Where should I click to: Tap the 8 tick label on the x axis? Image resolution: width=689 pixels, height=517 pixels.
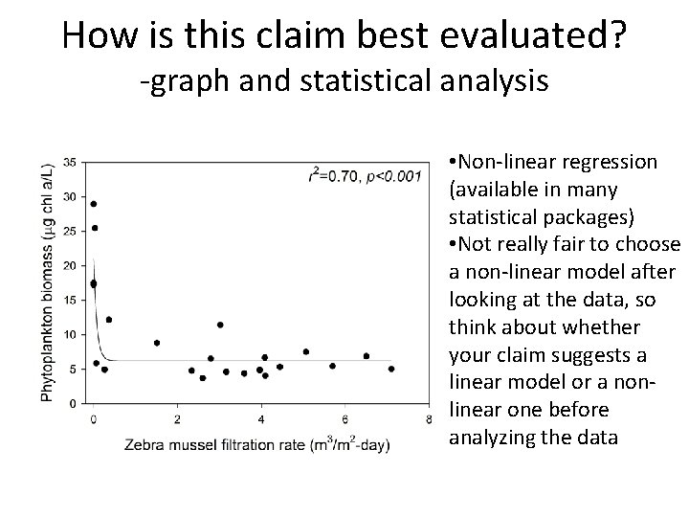click(x=430, y=418)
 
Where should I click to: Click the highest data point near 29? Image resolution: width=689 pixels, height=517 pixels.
click(x=93, y=204)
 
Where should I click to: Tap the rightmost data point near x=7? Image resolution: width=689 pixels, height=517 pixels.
click(x=391, y=369)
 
